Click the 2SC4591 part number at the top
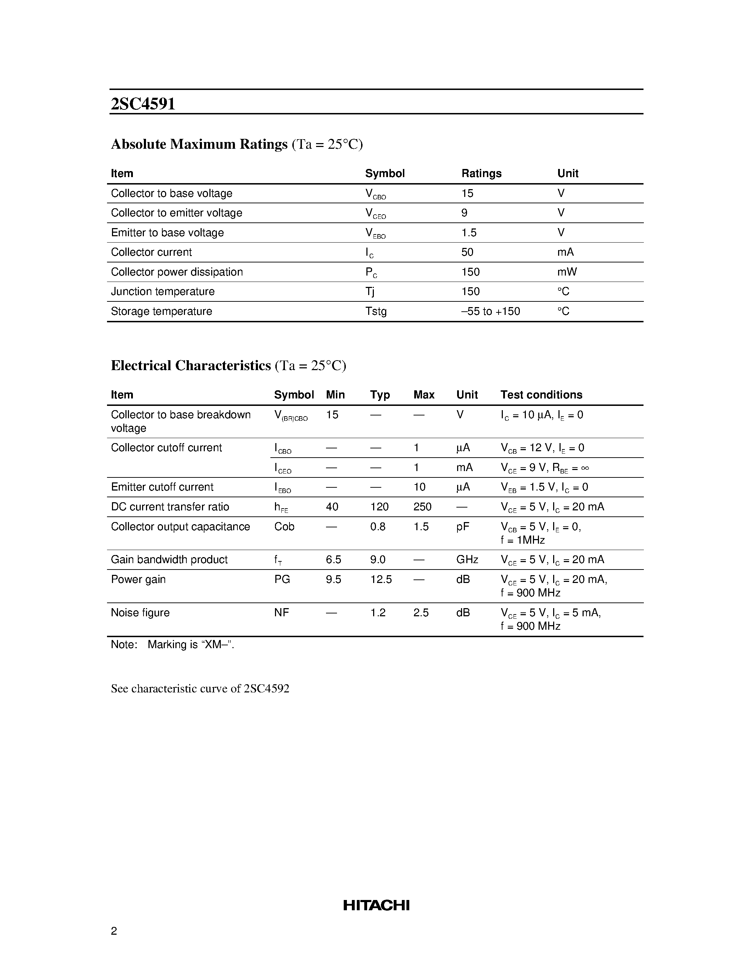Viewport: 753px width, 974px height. [x=143, y=104]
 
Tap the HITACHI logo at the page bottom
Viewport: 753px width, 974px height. [x=376, y=905]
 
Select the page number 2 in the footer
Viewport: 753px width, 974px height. [x=114, y=931]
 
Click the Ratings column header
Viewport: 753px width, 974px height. [x=481, y=174]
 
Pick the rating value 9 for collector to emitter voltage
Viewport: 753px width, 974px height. [x=465, y=213]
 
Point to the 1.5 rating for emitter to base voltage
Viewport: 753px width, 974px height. [x=469, y=233]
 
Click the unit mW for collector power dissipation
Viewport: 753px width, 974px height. [x=567, y=272]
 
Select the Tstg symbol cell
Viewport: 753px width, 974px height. [x=376, y=311]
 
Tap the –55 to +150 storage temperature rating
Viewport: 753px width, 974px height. [x=490, y=311]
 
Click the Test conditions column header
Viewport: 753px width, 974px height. [x=541, y=395]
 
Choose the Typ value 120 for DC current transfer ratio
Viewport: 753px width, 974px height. [x=379, y=507]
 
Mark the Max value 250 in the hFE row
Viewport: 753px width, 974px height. [x=422, y=507]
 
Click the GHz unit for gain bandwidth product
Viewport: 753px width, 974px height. [x=467, y=560]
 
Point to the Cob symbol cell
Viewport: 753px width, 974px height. [x=284, y=527]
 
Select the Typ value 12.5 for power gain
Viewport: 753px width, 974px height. [x=381, y=579]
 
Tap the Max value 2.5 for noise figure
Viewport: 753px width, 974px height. [x=421, y=613]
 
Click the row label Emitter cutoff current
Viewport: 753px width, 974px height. [x=162, y=487]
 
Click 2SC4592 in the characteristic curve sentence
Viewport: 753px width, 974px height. [x=266, y=689]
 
